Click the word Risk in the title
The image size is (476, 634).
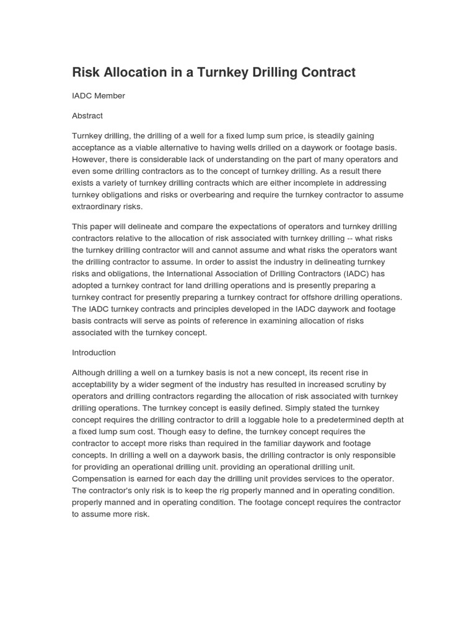click(x=86, y=72)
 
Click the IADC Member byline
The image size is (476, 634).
click(x=99, y=96)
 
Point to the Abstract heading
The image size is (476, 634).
click(x=87, y=116)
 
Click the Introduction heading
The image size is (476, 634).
click(x=94, y=353)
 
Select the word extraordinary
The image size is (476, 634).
click(x=98, y=207)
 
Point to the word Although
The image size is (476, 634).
click(x=91, y=373)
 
